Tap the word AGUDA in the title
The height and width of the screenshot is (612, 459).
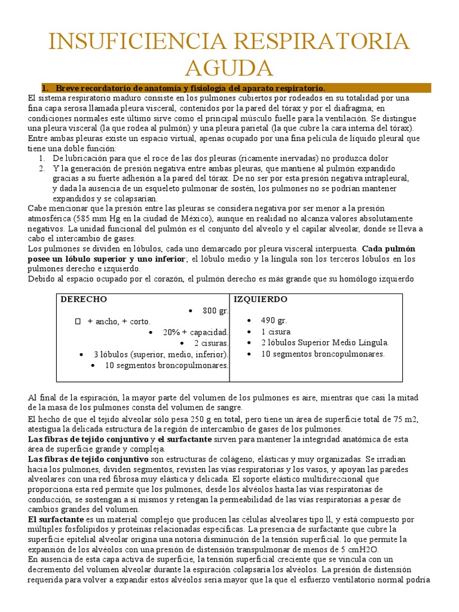click(x=229, y=68)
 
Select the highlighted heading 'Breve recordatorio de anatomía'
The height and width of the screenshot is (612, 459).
click(x=190, y=88)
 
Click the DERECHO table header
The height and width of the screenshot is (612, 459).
click(x=84, y=299)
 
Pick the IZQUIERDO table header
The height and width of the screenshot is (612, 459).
click(x=260, y=299)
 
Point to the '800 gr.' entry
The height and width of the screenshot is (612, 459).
click(x=215, y=310)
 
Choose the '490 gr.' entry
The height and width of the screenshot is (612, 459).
click(x=274, y=320)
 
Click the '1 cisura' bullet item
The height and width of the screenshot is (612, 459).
click(x=276, y=331)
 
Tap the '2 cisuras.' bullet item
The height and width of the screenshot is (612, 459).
click(x=211, y=343)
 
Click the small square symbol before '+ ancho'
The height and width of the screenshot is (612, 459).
click(x=77, y=321)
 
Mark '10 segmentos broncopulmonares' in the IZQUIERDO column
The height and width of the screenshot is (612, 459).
click(x=323, y=354)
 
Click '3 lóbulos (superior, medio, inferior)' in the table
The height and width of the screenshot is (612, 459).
click(x=161, y=354)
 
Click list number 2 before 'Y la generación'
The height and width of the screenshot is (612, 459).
click(x=42, y=169)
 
